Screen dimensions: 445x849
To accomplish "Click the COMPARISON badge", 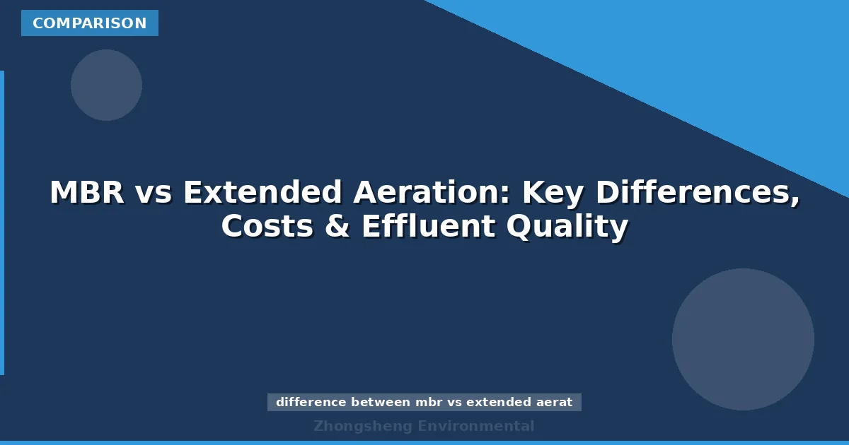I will [90, 23].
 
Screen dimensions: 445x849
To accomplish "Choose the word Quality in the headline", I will [566, 227].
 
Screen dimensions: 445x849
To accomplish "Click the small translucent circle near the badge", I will [106, 85].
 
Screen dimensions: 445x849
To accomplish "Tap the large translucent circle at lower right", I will [743, 339].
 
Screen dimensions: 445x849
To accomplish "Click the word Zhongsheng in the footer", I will [363, 426].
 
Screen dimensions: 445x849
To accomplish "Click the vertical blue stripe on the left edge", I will [2, 222].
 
